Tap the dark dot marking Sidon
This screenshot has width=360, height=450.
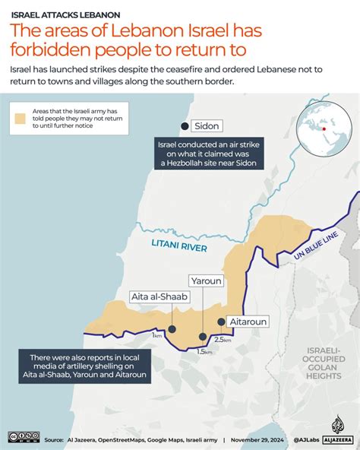(182, 125)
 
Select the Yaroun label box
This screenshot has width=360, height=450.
(207, 280)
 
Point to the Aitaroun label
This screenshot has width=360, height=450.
(247, 322)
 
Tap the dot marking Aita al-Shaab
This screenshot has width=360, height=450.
(172, 329)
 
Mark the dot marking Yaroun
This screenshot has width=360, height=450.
(203, 337)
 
